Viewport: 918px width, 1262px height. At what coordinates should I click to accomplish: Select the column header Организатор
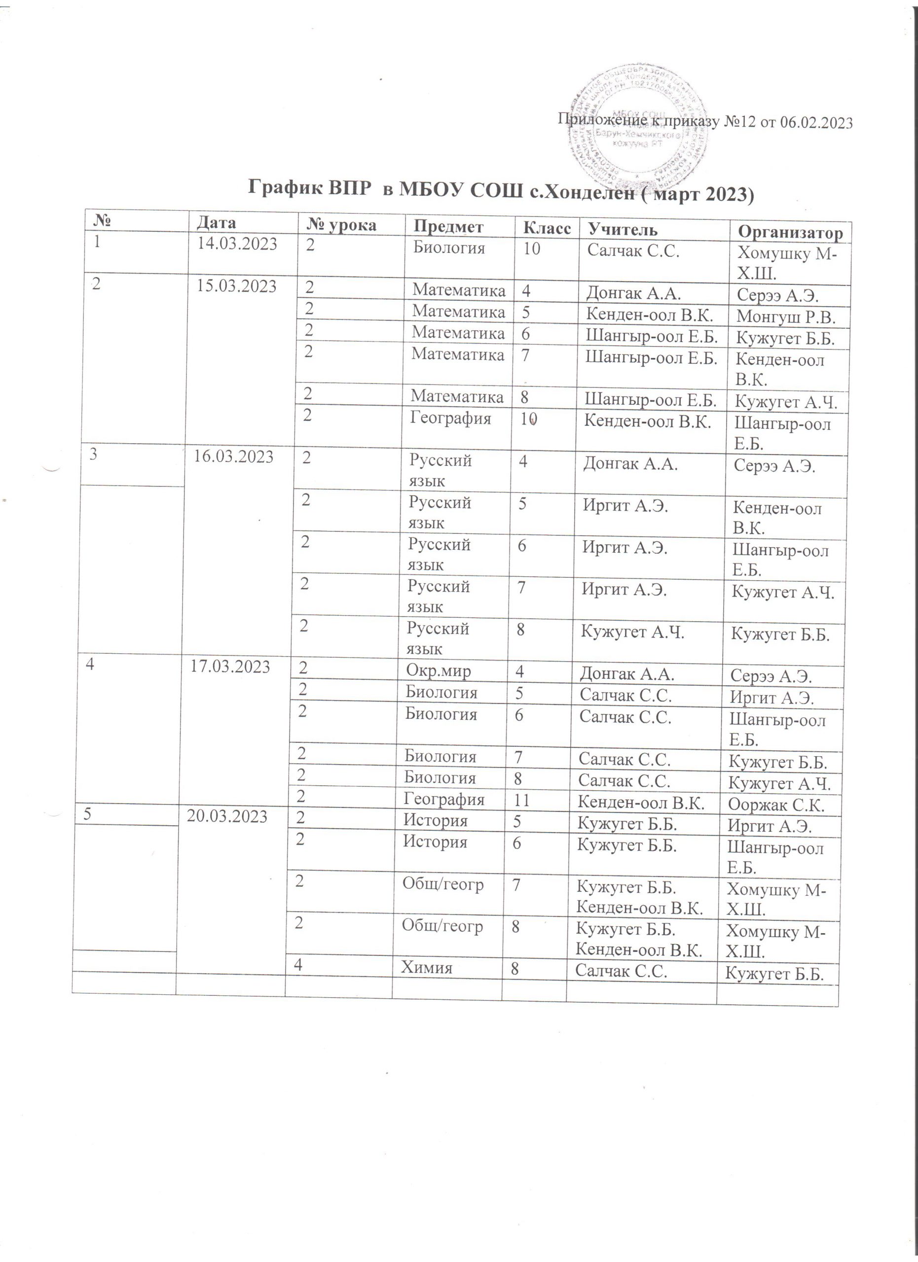(x=791, y=232)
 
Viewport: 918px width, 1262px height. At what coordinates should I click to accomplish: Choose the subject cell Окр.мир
(x=438, y=671)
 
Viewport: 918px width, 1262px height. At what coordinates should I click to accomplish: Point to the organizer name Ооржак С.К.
(x=776, y=805)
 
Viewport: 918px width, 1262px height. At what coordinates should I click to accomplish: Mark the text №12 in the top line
(x=739, y=122)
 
